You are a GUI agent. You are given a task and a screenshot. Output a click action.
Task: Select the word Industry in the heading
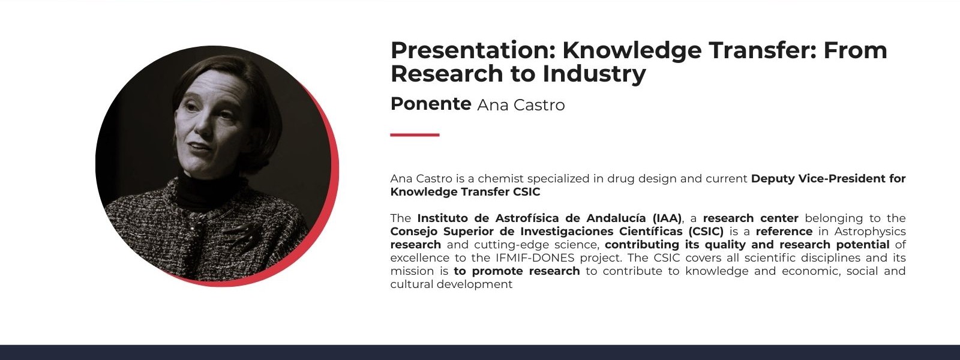[x=594, y=74]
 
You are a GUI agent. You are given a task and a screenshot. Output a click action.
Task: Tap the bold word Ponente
[x=431, y=104]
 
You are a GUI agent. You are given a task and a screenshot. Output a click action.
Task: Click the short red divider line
[x=415, y=135]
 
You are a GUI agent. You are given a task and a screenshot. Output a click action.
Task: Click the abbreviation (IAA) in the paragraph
[x=667, y=218]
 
